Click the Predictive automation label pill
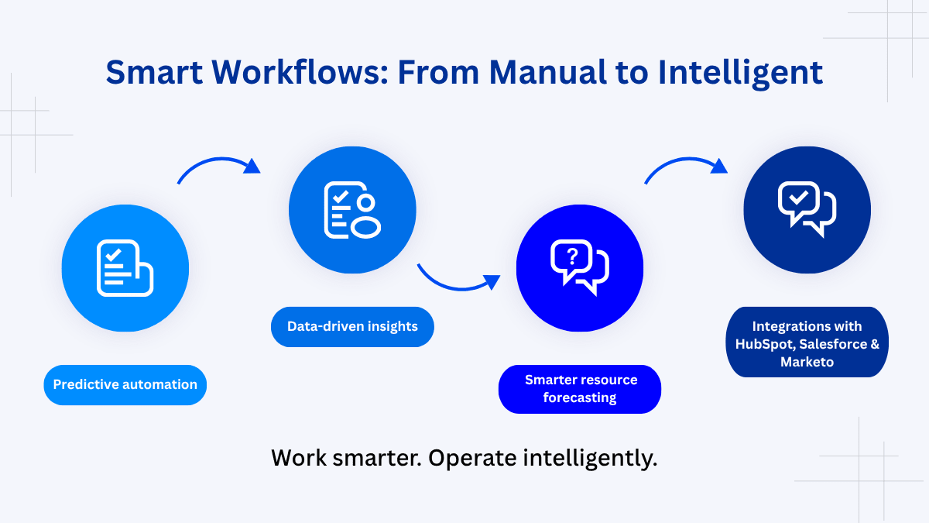point(125,384)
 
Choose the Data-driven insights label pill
point(352,326)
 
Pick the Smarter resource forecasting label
point(580,389)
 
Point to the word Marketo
point(807,362)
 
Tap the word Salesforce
point(836,344)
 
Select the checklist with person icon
point(352,210)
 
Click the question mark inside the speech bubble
point(572,256)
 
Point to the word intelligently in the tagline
point(590,458)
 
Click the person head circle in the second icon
point(365,202)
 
